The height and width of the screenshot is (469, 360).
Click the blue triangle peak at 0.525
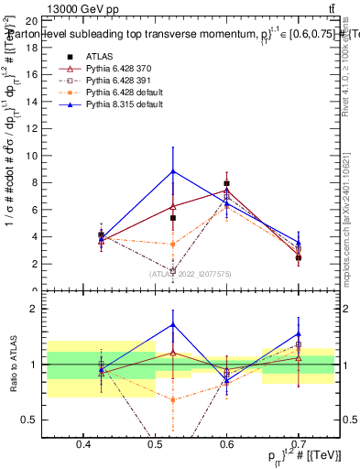[173, 171]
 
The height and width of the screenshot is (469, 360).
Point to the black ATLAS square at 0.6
[227, 183]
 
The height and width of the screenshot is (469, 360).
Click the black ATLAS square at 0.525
[173, 218]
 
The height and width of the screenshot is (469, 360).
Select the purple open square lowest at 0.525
[173, 270]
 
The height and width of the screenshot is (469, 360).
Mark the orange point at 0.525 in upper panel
[173, 244]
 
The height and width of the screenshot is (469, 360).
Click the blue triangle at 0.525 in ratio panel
[173, 324]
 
